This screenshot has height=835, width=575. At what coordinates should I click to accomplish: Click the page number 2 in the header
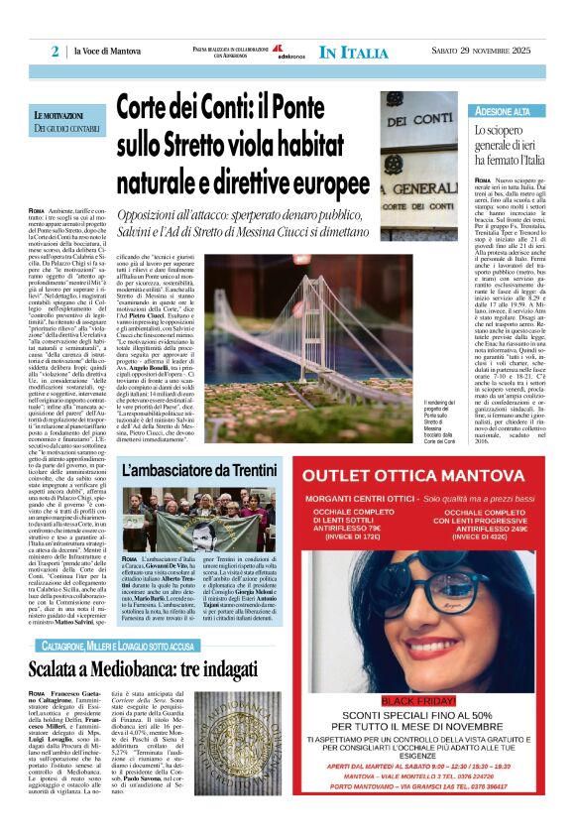click(56, 52)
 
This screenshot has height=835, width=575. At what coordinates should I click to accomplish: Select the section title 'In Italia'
click(354, 52)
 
